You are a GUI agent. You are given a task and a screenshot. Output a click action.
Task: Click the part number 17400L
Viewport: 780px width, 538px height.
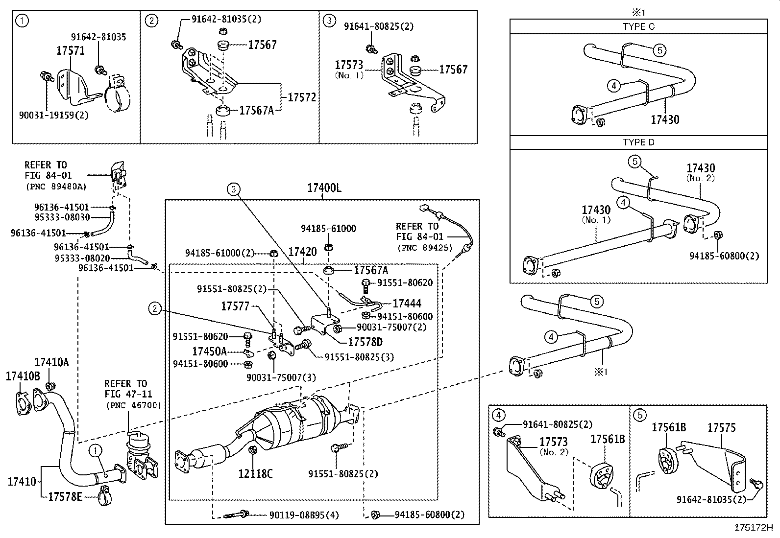pyautogui.click(x=324, y=188)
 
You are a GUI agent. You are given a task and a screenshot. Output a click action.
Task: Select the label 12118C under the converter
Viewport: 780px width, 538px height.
pyautogui.click(x=255, y=473)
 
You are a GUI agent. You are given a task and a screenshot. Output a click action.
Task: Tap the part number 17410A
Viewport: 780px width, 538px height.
pyautogui.click(x=51, y=362)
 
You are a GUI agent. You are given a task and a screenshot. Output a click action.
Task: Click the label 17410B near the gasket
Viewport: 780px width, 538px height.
pyautogui.click(x=23, y=376)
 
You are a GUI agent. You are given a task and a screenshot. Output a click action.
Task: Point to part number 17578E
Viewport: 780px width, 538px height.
pyautogui.click(x=65, y=497)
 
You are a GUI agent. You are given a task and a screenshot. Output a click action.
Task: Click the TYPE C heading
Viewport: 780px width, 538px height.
pyautogui.click(x=638, y=26)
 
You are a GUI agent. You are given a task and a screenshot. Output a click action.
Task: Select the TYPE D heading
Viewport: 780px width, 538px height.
pyautogui.click(x=638, y=142)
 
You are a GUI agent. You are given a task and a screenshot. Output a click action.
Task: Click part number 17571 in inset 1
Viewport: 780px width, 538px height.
pyautogui.click(x=71, y=51)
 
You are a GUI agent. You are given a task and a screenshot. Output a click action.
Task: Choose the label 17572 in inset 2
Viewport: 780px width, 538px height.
pyautogui.click(x=301, y=97)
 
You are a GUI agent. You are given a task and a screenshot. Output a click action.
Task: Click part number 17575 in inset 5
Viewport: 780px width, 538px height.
pyautogui.click(x=721, y=427)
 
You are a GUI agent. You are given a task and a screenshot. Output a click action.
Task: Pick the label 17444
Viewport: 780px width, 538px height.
pyautogui.click(x=407, y=304)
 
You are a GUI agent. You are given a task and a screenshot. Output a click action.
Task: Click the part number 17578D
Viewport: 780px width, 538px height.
pyautogui.click(x=365, y=342)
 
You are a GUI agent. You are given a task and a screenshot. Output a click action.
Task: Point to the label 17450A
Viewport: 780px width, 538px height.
pyautogui.click(x=209, y=351)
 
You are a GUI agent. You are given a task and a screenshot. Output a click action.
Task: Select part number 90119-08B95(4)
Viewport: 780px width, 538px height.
pyautogui.click(x=304, y=515)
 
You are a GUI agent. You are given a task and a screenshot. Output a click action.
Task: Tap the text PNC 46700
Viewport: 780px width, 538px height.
pyautogui.click(x=133, y=405)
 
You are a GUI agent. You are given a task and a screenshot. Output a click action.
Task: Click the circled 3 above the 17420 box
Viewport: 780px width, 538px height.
pyautogui.click(x=234, y=189)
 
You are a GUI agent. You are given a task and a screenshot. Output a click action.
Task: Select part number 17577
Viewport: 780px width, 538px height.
pyautogui.click(x=235, y=306)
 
